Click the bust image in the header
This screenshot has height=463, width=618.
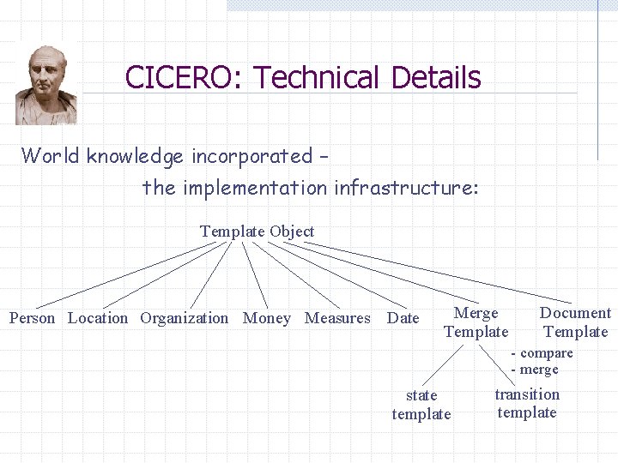point(46,85)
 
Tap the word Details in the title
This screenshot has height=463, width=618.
point(435,78)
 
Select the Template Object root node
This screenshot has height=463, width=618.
point(257,231)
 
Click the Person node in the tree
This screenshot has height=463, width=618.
point(32,318)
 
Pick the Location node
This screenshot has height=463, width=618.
point(98,318)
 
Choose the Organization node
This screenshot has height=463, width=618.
point(185,318)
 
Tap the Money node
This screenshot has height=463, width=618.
point(267,318)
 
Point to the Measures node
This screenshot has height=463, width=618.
point(337,318)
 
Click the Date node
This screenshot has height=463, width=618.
point(403,318)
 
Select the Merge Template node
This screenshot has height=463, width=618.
point(476,322)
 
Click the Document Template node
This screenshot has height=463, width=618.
point(575,322)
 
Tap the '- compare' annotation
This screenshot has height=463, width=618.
point(542,353)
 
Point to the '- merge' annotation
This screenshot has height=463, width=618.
point(535,370)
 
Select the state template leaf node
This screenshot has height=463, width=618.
point(421,405)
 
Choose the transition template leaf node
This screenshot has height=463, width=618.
point(527,403)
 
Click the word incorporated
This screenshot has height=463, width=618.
point(252,156)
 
